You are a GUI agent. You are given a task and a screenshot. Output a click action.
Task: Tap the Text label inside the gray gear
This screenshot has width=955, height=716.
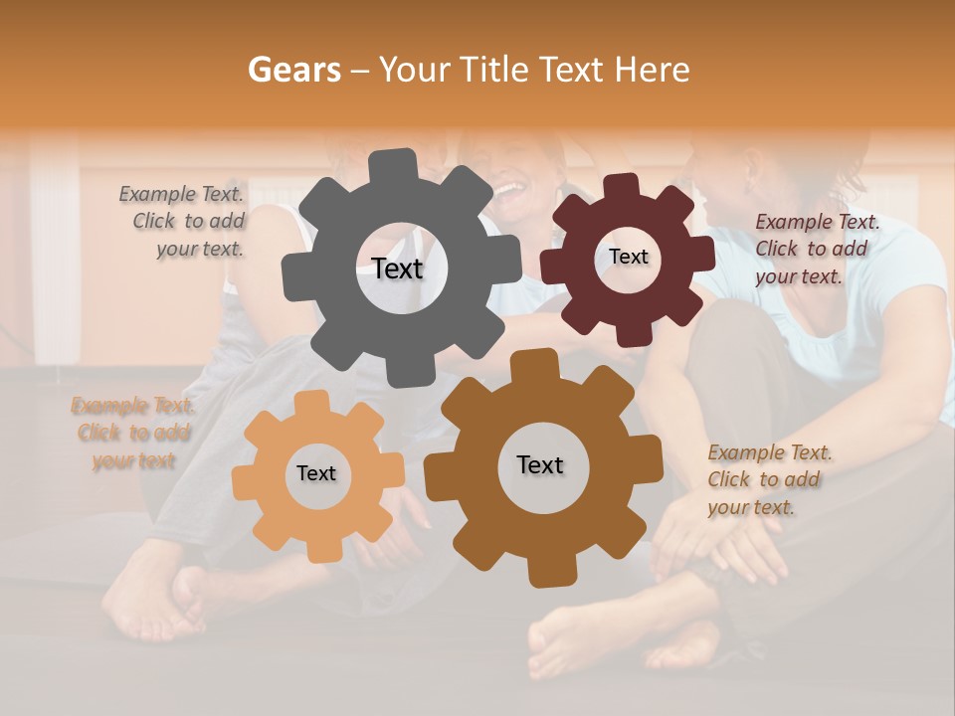point(397,268)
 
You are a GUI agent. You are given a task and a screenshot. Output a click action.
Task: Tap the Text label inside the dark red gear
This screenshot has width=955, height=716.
point(628,257)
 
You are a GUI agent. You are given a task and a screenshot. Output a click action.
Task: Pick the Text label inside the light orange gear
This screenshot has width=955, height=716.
point(316,474)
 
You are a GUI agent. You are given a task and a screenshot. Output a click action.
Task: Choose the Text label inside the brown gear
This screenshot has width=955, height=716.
point(540,465)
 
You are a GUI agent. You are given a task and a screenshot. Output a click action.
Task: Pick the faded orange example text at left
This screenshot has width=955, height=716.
point(133,433)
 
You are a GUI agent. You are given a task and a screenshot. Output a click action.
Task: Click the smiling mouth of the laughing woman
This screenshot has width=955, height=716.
point(507,188)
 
